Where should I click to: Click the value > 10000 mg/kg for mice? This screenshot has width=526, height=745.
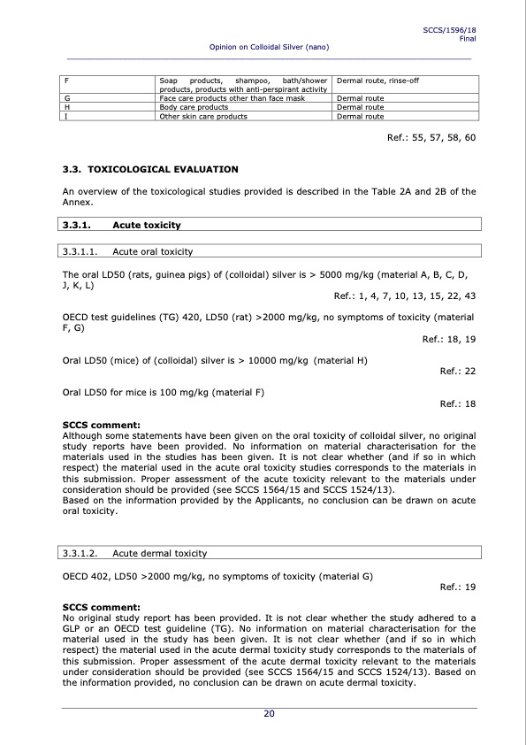269,361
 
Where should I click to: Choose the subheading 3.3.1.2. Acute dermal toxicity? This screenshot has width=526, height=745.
133,554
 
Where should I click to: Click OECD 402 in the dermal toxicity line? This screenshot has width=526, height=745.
85,576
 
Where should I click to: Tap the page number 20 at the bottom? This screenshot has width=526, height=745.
269,714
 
